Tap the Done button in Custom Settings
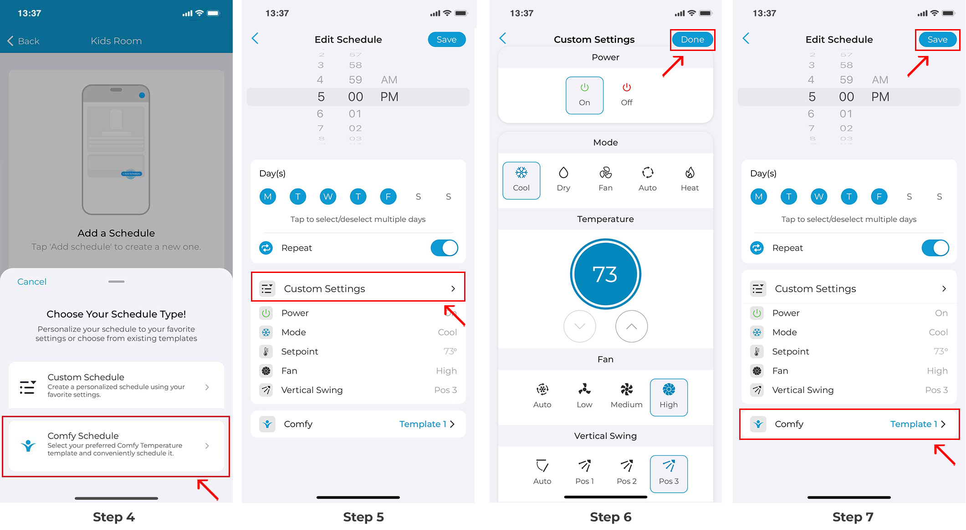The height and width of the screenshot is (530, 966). [x=692, y=40]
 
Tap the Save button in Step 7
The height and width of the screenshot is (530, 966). [x=937, y=40]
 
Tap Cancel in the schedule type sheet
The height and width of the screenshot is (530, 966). [x=32, y=282]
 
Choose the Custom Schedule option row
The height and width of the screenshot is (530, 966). [x=116, y=386]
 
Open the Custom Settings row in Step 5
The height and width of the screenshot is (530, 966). [x=358, y=288]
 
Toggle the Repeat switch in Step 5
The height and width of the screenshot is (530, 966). [x=444, y=248]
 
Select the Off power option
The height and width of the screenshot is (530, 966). [x=627, y=95]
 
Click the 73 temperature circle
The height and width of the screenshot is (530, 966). [x=605, y=274]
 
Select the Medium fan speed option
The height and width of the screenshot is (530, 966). [x=627, y=396]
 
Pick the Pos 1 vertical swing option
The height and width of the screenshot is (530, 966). [x=584, y=472]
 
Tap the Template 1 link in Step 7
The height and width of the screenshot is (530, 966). [x=914, y=424]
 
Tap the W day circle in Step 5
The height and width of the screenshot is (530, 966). [x=328, y=197]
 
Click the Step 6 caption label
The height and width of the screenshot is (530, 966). [x=610, y=517]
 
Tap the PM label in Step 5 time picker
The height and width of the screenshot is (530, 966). [x=389, y=97]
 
